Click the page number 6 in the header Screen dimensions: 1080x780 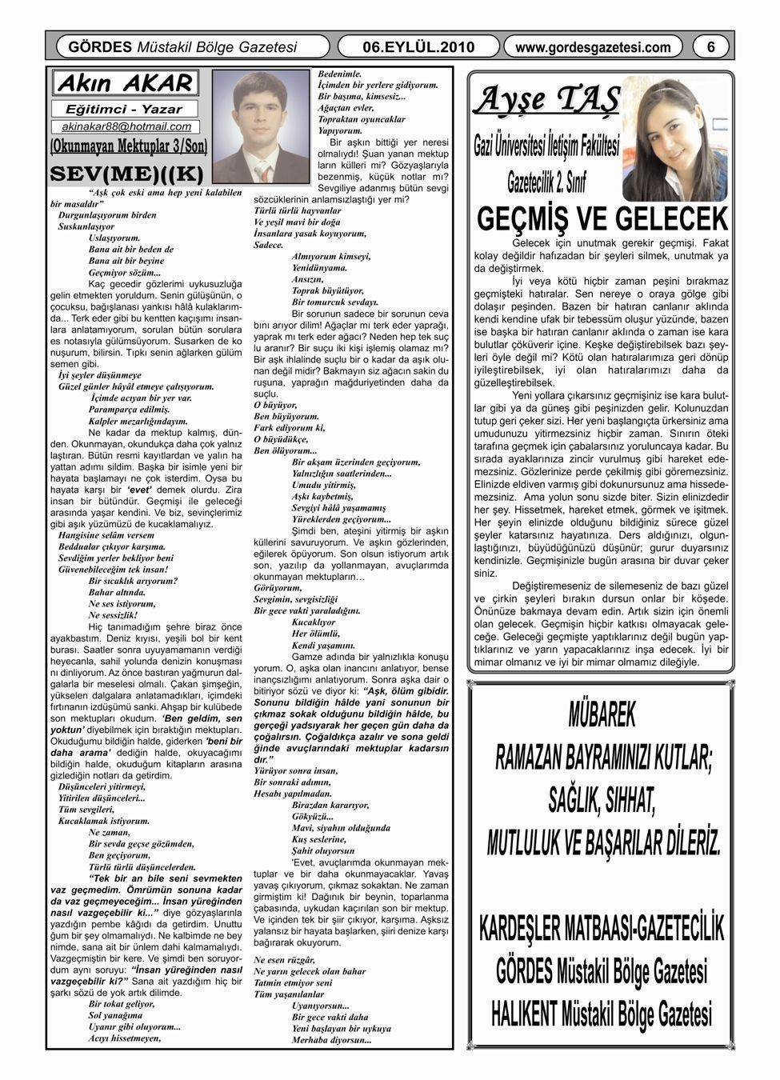pyautogui.click(x=710, y=47)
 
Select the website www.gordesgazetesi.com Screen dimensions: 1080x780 pyautogui.click(x=594, y=47)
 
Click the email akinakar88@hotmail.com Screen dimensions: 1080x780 pyautogui.click(x=126, y=126)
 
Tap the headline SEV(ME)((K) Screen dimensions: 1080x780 pyautogui.click(x=126, y=173)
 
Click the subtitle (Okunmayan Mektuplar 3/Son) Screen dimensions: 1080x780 pyautogui.click(x=128, y=146)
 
